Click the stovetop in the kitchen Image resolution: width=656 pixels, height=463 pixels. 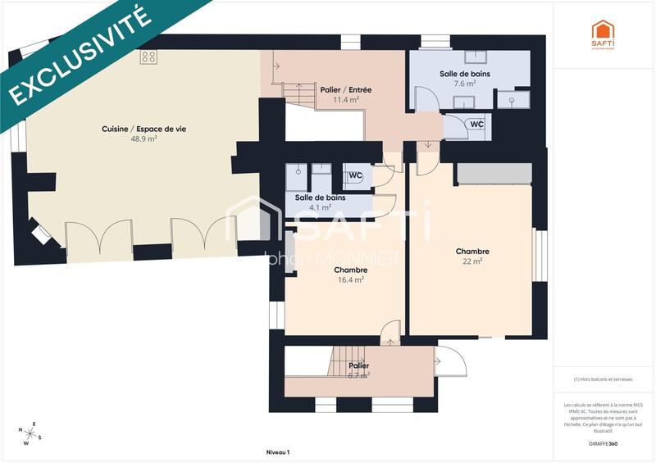point(148,57)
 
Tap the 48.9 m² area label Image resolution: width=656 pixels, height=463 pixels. point(143,139)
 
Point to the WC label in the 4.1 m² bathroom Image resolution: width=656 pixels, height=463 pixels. point(355,175)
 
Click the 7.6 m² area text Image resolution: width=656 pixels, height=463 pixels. point(463,83)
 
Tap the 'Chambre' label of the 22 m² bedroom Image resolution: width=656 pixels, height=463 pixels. point(473,252)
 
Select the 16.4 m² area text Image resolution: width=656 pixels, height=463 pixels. point(350,279)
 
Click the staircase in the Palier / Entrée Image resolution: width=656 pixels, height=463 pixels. point(297,93)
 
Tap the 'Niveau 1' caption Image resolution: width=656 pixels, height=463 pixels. point(278,452)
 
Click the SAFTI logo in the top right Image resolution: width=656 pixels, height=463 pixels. point(603,34)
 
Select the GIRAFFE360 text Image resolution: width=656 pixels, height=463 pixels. point(603,443)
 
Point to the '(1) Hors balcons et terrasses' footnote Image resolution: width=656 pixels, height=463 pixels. point(603,379)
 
